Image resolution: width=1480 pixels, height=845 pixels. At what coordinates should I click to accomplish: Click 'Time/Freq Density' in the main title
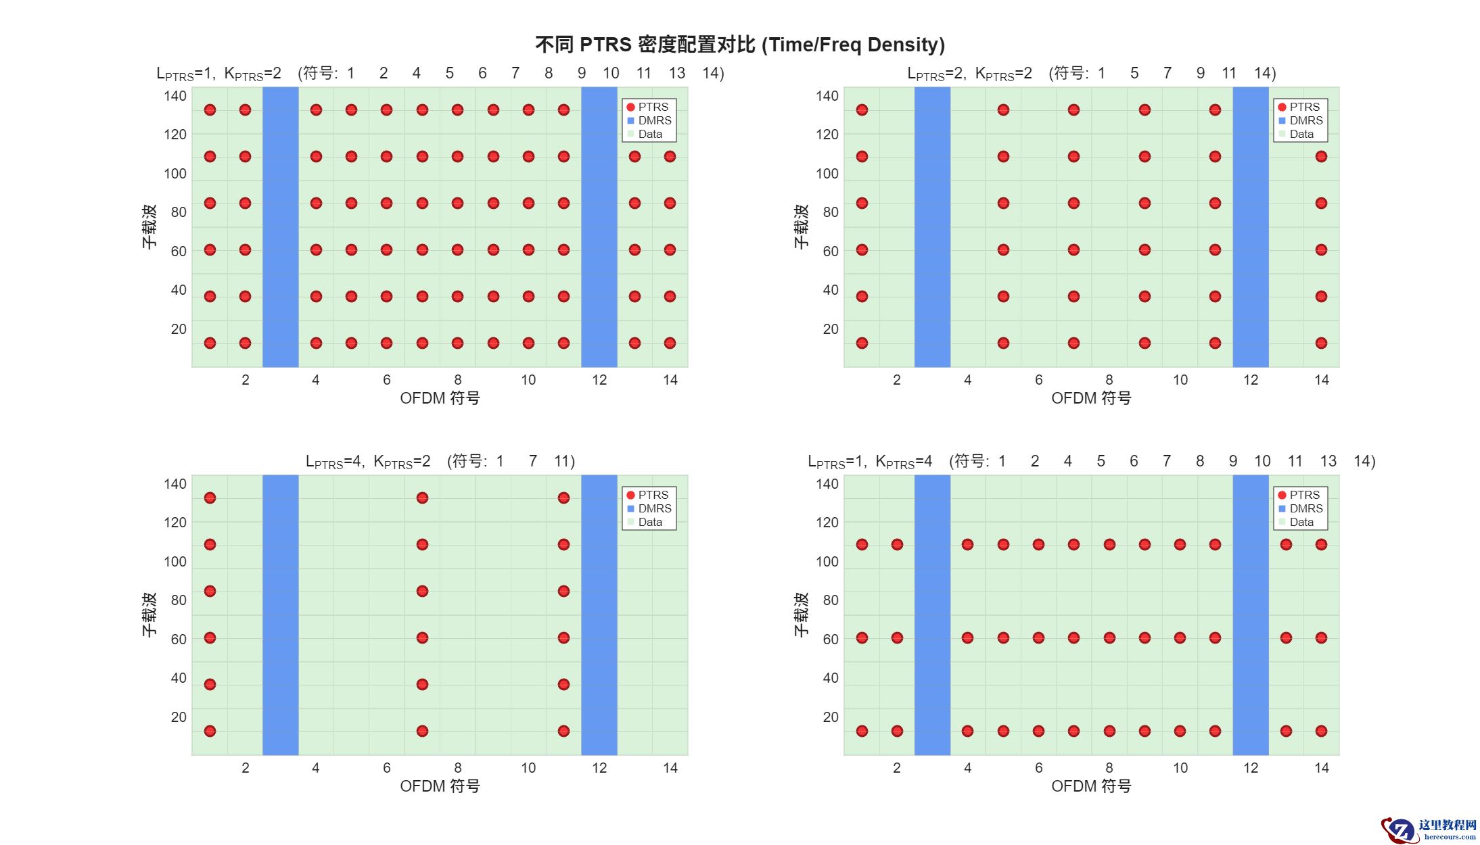coord(853,45)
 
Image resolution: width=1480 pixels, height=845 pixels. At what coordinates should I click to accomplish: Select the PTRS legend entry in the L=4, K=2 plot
coord(647,495)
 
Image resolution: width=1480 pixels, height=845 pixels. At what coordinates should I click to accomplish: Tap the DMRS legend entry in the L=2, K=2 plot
coord(1299,120)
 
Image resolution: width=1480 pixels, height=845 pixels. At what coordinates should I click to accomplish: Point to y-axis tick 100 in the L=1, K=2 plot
coord(175,174)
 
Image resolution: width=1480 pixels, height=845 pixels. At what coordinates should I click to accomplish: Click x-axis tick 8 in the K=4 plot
coord(1109,768)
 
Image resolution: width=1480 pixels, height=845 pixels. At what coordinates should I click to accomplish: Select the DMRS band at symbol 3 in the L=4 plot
coord(280,614)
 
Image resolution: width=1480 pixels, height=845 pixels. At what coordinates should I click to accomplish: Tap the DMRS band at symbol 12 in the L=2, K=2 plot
coord(1250,226)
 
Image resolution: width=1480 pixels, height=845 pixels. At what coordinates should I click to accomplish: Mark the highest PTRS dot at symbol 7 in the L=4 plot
coord(422,498)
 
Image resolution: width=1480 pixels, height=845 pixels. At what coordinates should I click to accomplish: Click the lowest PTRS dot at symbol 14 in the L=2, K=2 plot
coord(1321,343)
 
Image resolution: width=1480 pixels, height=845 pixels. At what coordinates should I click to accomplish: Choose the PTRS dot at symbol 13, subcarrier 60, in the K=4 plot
coord(1286,637)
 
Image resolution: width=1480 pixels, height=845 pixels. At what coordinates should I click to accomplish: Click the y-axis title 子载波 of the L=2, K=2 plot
coord(801,226)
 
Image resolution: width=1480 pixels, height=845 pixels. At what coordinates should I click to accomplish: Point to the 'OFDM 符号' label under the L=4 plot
coord(440,786)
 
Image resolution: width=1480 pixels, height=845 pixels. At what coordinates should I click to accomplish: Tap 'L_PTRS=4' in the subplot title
coord(334,462)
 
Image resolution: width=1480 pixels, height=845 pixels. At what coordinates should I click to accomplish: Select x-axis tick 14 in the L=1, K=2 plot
coord(670,380)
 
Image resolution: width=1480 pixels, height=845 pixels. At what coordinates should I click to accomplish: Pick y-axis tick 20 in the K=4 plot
coord(830,717)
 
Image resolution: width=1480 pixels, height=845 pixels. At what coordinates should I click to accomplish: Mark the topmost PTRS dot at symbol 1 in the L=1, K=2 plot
coord(210,110)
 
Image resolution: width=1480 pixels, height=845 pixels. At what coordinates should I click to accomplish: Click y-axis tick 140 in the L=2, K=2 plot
coord(827,96)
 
